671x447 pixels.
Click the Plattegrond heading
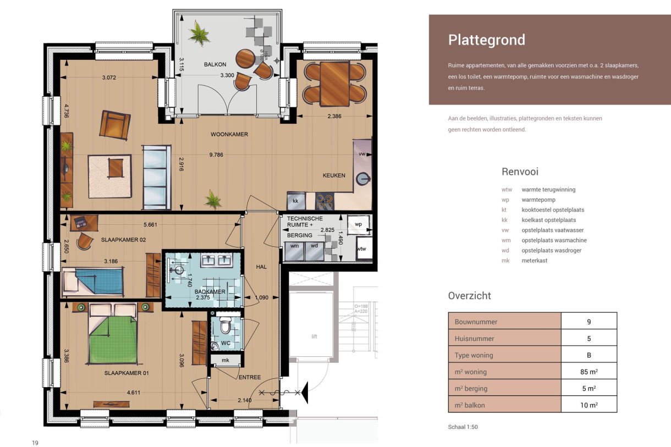pos(486,40)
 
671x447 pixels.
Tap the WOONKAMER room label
pos(229,134)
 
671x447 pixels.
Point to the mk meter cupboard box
pos(225,360)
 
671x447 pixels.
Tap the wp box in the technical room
pos(358,224)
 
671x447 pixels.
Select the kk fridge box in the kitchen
pos(296,201)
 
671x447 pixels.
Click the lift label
pos(314,336)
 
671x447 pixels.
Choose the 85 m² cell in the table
pos(588,372)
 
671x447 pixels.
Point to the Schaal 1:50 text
pos(463,427)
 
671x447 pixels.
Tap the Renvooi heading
pos(520,172)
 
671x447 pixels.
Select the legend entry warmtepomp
pos(541,200)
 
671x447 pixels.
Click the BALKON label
pos(215,64)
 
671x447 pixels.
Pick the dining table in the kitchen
pos(334,83)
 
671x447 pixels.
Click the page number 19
pos(35,443)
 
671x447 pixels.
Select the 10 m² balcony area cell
pos(588,405)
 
